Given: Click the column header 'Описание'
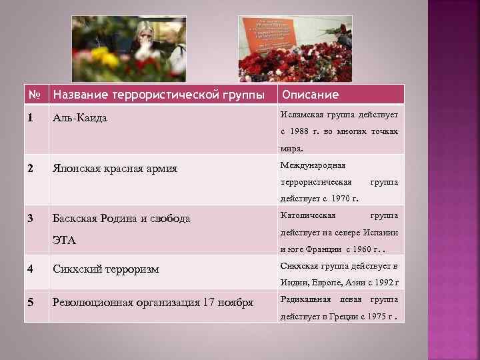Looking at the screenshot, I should [x=310, y=95].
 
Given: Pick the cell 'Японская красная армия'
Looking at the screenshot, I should [x=115, y=168].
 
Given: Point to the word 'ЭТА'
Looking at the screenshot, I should [x=65, y=240].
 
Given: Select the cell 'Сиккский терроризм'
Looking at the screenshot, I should [x=106, y=269].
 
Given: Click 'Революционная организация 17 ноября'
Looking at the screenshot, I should [x=153, y=302].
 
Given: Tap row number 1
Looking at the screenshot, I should [x=30, y=118].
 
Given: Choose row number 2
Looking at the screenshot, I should [x=30, y=168].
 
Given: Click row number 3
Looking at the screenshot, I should [x=30, y=218].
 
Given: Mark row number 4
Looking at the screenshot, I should [x=30, y=269].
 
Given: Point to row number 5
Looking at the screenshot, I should [x=30, y=302].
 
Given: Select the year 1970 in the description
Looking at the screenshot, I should [x=344, y=198].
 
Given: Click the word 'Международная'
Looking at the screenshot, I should [x=313, y=165].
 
